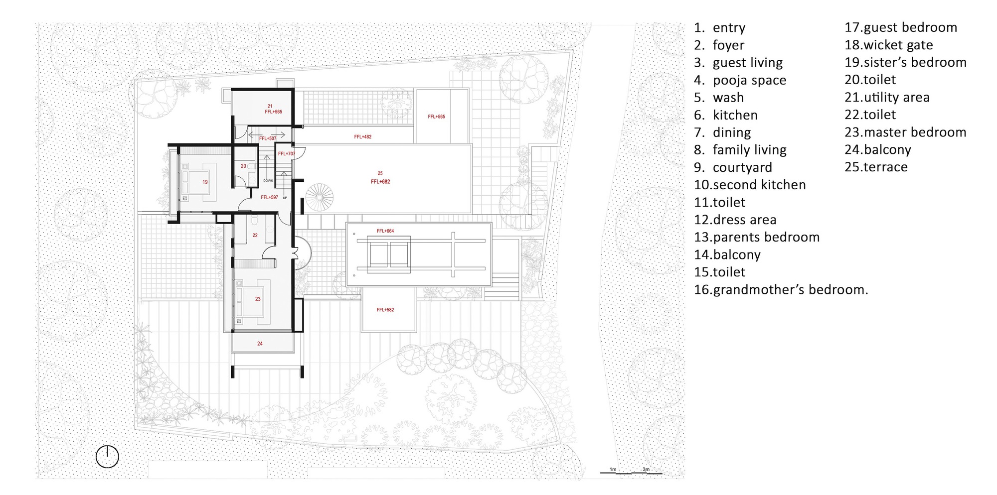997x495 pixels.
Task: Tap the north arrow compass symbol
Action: click(107, 456)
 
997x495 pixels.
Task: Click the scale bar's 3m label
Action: click(646, 470)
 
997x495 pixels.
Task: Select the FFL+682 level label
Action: click(380, 182)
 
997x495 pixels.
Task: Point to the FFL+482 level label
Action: click(362, 136)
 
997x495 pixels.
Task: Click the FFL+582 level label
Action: click(385, 310)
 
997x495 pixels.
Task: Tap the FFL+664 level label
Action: click(385, 231)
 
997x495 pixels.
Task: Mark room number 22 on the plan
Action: click(255, 235)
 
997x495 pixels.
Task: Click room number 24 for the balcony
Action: click(260, 344)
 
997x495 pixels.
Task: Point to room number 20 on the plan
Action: click(243, 166)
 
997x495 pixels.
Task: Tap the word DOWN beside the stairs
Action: click(268, 181)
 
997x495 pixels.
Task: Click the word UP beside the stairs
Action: click(285, 198)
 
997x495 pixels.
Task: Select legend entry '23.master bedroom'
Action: click(905, 132)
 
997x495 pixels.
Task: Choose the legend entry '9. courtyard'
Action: click(733, 167)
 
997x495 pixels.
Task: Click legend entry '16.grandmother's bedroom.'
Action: click(781, 290)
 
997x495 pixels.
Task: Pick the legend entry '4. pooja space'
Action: click(740, 80)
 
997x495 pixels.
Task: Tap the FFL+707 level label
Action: click(287, 154)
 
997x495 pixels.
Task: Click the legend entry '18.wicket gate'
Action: click(888, 45)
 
